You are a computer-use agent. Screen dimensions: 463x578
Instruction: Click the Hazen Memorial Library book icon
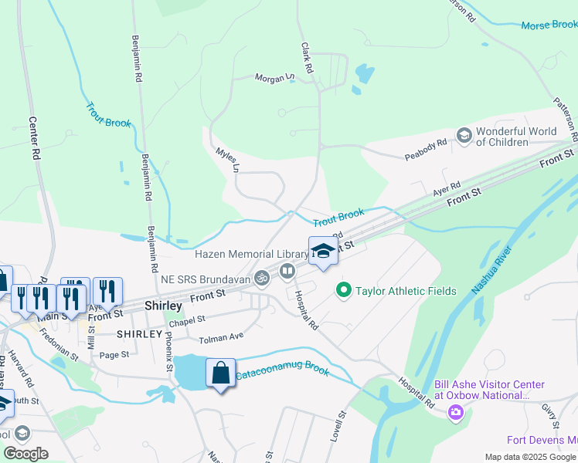tap(287, 270)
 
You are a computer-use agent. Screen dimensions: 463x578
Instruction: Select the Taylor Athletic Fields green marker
tap(343, 291)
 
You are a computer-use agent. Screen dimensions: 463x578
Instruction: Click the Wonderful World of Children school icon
tap(464, 137)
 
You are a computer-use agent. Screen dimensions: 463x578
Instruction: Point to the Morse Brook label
tap(549, 25)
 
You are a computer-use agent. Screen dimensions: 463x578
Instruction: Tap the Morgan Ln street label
tap(275, 77)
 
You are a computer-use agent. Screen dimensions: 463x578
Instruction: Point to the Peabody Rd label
tap(426, 150)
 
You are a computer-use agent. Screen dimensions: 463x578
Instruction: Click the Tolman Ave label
tap(221, 337)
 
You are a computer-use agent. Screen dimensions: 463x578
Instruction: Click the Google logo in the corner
tap(25, 454)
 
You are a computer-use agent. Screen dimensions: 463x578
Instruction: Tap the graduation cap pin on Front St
tap(323, 250)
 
